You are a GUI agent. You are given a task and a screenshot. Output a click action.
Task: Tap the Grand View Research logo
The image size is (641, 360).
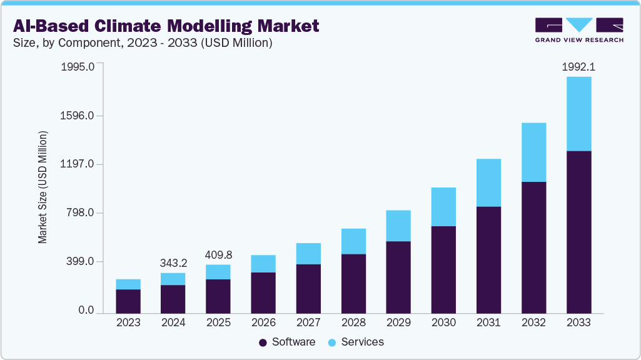578,30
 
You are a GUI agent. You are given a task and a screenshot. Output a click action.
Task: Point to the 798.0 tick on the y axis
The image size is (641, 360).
81,213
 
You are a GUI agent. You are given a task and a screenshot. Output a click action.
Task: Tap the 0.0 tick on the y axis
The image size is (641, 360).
86,311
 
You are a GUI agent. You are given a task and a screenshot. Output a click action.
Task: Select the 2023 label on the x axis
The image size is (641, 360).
128,322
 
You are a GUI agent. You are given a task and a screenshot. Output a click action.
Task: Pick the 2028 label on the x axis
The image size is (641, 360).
353,322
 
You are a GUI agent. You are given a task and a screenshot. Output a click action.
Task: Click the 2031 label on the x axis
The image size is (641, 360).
488,322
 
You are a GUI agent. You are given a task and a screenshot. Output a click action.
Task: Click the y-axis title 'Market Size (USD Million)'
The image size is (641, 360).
43,187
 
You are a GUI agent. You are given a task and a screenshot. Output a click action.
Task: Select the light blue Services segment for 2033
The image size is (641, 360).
578,114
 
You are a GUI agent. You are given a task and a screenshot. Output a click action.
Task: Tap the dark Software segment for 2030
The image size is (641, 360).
443,269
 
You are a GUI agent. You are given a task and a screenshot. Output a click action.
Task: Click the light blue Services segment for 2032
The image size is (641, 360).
533,152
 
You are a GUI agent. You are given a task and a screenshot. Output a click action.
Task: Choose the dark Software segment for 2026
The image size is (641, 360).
263,292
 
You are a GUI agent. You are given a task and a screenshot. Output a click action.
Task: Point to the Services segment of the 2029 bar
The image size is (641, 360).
398,226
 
